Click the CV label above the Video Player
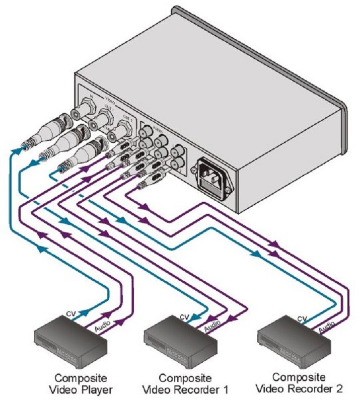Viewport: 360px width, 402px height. click(71, 315)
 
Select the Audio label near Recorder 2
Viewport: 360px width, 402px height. click(327, 328)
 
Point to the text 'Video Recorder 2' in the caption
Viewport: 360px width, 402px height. click(300, 388)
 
